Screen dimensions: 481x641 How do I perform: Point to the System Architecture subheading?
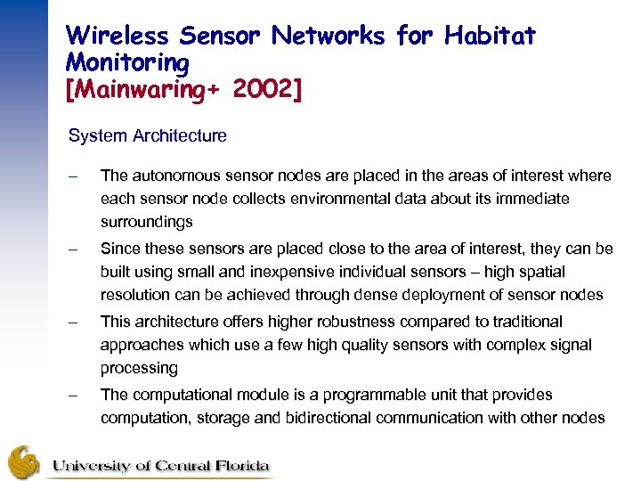148,136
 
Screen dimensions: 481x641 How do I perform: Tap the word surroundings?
146,222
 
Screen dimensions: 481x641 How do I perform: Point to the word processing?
139,368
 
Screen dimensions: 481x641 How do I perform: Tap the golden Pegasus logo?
25,462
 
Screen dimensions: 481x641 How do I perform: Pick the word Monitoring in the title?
127,63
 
